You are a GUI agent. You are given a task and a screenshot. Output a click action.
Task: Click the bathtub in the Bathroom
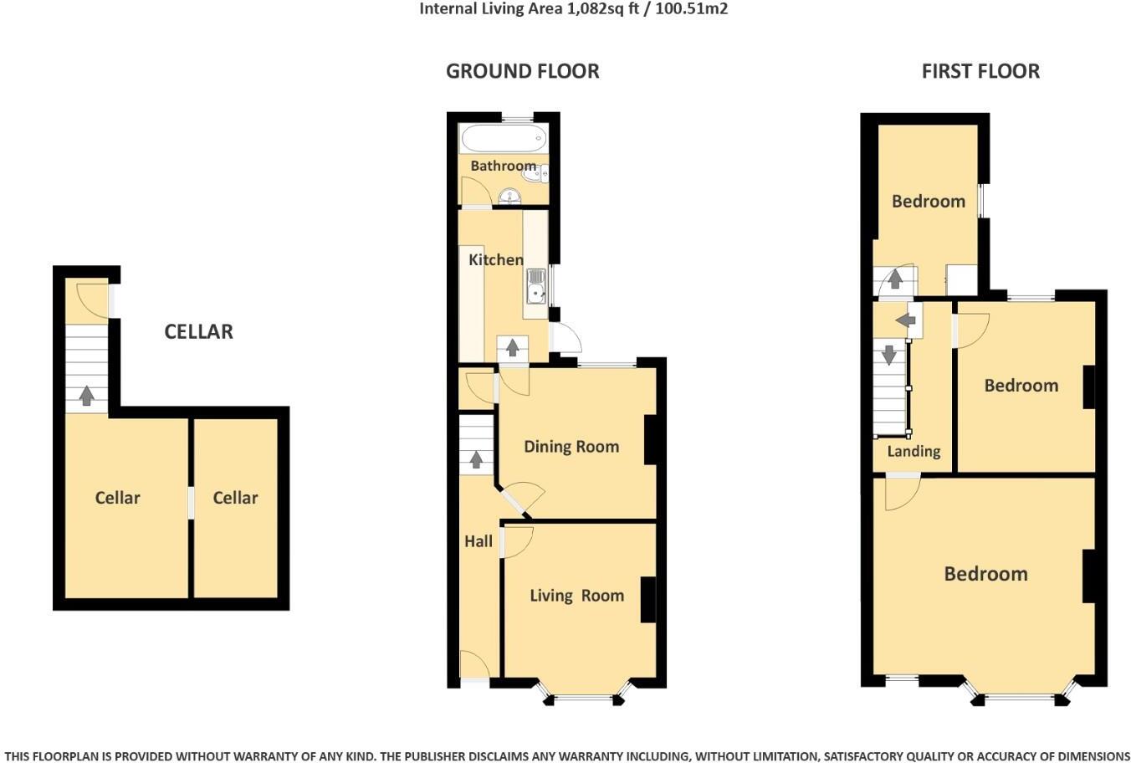click(x=503, y=138)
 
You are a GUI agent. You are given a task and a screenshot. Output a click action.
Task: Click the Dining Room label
click(x=571, y=447)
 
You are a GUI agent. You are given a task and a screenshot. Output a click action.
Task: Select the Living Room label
click(x=576, y=596)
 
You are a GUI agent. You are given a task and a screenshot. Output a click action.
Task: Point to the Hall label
click(x=478, y=541)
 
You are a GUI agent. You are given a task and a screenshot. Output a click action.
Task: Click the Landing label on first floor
click(x=913, y=452)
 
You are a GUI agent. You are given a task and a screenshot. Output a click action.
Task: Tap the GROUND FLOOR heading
click(x=522, y=71)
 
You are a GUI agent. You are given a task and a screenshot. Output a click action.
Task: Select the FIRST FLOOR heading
click(x=980, y=71)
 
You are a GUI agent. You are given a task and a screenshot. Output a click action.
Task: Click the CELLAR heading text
click(x=198, y=331)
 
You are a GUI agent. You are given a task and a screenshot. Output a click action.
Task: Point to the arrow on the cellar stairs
click(x=86, y=395)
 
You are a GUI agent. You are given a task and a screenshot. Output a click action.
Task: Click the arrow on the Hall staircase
click(x=477, y=458)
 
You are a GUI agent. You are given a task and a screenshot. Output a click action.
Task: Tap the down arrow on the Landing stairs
click(x=889, y=354)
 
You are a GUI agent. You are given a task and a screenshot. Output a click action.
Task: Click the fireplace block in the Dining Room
click(x=650, y=440)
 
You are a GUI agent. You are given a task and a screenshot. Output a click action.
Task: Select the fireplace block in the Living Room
click(x=648, y=599)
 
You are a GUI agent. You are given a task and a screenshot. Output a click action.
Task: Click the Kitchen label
click(x=495, y=260)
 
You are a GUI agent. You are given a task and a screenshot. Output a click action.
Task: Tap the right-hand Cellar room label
click(x=235, y=498)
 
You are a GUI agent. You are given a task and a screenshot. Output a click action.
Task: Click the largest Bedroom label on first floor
click(x=985, y=574)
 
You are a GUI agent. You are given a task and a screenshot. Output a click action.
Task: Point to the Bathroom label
click(x=503, y=166)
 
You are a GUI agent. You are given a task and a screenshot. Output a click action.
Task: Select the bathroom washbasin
click(x=509, y=197)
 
